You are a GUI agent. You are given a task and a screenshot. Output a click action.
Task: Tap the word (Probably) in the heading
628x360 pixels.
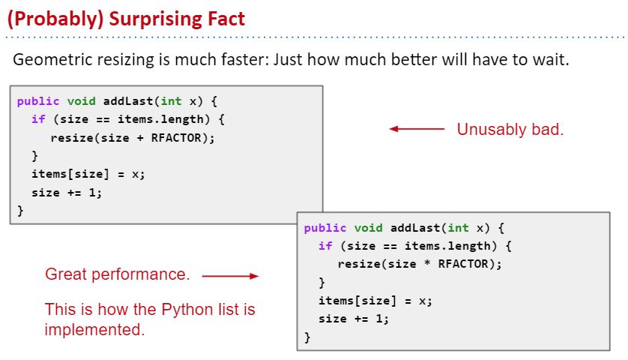55,19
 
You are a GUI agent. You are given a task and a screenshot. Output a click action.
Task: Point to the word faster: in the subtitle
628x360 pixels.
244,59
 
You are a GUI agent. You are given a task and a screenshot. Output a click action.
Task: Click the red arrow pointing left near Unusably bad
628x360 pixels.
417,129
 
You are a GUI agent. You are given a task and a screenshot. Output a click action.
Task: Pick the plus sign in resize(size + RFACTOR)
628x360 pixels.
140,138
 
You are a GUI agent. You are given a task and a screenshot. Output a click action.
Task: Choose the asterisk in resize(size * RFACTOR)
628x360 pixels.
427,263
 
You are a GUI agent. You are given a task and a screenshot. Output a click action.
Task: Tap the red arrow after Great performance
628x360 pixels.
230,276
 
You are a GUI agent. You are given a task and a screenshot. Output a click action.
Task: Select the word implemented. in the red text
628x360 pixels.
94,329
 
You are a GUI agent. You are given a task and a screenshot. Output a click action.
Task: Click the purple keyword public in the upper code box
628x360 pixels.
38,101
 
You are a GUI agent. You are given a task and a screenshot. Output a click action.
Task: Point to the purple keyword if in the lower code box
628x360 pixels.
325,246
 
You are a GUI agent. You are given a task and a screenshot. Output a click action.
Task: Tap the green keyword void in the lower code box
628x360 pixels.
369,228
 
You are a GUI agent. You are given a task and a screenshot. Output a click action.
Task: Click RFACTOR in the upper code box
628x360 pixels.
176,137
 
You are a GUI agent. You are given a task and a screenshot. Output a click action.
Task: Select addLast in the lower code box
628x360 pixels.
415,228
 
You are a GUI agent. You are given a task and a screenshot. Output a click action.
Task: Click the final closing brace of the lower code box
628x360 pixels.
307,337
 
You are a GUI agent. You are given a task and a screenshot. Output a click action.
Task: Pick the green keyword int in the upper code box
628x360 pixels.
171,101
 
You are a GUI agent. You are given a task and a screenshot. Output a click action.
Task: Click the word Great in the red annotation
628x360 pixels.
66,274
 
